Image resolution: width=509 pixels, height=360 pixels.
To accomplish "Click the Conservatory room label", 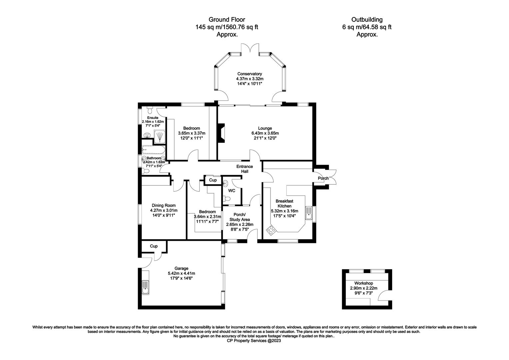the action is [250, 74].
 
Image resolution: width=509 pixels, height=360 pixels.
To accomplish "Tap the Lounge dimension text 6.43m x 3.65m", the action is [265, 133].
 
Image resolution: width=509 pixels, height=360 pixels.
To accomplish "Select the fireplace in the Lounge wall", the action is [221, 133].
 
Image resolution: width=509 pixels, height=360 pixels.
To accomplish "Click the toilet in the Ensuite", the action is [150, 110].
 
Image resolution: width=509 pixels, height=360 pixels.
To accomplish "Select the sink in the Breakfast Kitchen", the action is [308, 213].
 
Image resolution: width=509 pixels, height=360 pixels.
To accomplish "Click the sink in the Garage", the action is [145, 287].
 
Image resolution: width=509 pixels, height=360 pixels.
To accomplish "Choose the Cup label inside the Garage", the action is [154, 246].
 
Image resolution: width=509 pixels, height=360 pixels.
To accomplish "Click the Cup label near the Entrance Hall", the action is [213, 180].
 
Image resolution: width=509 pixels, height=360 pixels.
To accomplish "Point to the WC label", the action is [232, 191].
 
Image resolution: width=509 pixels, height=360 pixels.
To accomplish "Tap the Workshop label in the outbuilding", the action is [363, 283].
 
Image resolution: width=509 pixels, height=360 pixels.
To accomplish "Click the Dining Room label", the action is [164, 205].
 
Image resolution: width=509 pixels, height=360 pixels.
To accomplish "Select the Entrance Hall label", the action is [245, 169].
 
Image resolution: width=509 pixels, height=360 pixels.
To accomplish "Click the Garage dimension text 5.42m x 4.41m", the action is [181, 273].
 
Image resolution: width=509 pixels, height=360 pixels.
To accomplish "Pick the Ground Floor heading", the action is [227, 20].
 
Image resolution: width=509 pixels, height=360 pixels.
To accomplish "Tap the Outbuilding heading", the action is [367, 20].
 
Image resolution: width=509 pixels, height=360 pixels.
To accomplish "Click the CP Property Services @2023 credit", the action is [254, 340].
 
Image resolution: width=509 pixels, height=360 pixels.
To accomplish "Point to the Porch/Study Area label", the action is [240, 217].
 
